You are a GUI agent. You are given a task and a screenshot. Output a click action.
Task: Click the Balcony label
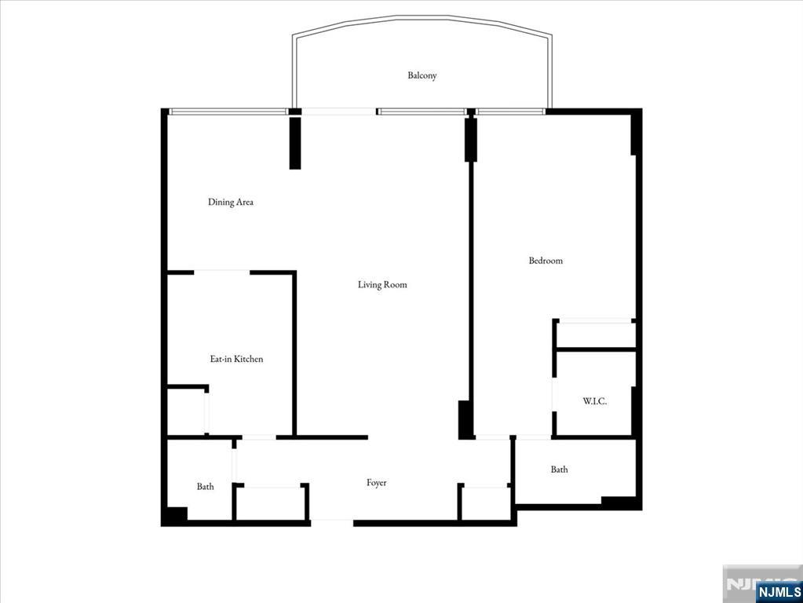pos(422,75)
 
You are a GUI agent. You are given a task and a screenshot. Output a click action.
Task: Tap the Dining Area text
pos(230,202)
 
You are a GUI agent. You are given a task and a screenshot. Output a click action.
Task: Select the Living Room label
pos(382,284)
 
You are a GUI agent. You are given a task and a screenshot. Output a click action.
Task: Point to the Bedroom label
pos(545,261)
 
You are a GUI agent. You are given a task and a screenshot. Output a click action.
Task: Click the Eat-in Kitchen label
pos(235,359)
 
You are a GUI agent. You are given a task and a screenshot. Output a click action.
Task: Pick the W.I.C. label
pos(594,401)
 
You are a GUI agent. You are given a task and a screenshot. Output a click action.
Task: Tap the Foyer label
pos(376,483)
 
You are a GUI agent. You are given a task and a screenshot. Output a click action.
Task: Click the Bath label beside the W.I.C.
pos(559,470)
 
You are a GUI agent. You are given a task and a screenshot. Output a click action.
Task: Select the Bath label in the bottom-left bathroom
pos(205,487)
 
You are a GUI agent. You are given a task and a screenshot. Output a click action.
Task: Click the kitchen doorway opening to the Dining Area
pos(221,272)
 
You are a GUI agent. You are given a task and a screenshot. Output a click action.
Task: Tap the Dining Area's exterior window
pos(228,111)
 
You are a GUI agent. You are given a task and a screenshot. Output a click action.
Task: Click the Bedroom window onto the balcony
pos(510,111)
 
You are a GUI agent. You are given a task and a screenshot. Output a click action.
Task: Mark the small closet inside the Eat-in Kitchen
pos(187,410)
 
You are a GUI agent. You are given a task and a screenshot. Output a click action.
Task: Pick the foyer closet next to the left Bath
pos(270,502)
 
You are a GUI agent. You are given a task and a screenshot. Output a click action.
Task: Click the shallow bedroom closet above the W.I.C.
pos(594,334)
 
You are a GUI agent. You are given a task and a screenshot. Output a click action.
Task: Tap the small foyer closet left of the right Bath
pos(484,502)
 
